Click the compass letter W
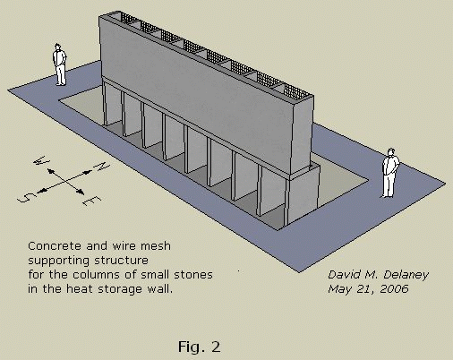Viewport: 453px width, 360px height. [x=41, y=160]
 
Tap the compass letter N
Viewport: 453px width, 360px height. [x=103, y=166]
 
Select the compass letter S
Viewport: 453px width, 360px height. [x=28, y=197]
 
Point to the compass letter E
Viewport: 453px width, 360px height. [x=92, y=201]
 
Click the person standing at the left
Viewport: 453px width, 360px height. [x=60, y=64]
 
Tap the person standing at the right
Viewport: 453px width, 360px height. [x=390, y=173]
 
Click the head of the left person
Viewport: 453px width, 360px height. [x=58, y=47]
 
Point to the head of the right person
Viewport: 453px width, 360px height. [x=391, y=152]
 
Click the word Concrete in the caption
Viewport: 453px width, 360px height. [x=55, y=246]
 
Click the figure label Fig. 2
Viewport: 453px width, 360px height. [x=200, y=347]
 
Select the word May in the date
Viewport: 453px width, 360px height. [x=338, y=289]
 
